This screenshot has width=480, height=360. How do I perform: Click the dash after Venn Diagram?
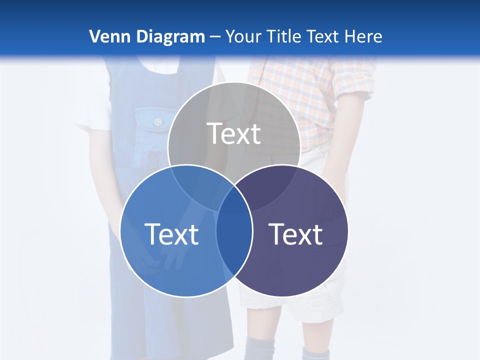(x=215, y=37)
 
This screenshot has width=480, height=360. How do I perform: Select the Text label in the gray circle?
(x=234, y=133)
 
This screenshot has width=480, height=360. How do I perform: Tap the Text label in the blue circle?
(x=171, y=233)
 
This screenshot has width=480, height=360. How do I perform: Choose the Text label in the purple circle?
(x=295, y=233)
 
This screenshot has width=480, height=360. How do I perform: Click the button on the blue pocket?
(x=158, y=121)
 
